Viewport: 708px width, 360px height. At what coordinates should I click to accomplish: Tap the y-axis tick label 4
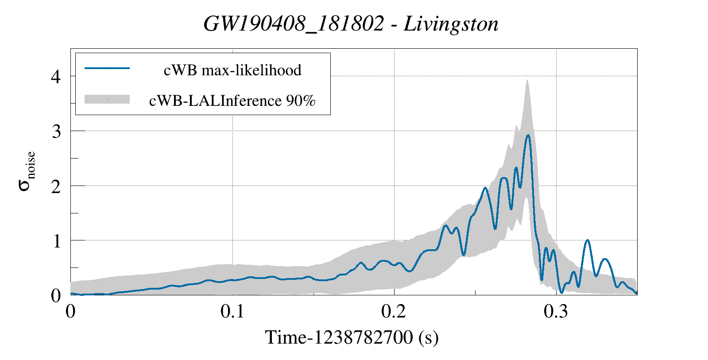point(56,77)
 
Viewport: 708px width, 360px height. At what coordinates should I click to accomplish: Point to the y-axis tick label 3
point(56,132)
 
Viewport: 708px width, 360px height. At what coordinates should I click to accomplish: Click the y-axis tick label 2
point(56,186)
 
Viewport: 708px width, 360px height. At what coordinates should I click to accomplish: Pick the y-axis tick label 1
point(56,241)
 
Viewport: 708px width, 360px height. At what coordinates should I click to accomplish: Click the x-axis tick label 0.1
point(232,311)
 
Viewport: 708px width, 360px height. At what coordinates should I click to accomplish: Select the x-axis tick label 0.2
point(394,311)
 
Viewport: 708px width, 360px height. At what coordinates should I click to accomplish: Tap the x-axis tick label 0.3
point(556,311)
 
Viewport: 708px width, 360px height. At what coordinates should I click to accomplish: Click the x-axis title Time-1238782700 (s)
point(352,338)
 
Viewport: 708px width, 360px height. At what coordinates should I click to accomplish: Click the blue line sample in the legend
point(107,68)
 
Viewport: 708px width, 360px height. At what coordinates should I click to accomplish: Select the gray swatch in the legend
point(107,100)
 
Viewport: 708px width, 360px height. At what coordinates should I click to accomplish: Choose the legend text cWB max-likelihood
point(232,70)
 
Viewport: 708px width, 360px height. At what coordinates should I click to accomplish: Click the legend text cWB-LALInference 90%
point(232,101)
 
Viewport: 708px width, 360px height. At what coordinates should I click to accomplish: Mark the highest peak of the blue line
point(528,135)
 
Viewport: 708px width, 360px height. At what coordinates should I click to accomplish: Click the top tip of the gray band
point(527,81)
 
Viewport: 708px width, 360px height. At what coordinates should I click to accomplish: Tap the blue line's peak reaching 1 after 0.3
point(587,240)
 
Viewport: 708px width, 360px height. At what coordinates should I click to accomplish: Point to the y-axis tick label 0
point(56,296)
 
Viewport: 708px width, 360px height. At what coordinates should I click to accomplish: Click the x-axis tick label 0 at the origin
point(70,311)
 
